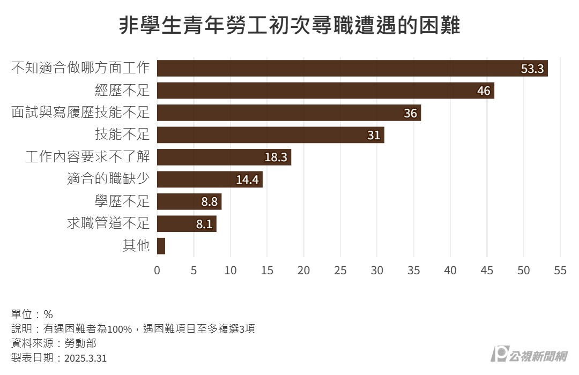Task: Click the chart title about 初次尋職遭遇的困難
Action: pyautogui.click(x=289, y=25)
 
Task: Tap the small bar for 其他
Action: pyautogui.click(x=161, y=246)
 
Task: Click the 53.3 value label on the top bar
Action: pyautogui.click(x=532, y=69)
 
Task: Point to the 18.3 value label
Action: pyautogui.click(x=276, y=157)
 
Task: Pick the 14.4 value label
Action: pyautogui.click(x=248, y=179)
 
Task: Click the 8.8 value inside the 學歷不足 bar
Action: pyautogui.click(x=209, y=202)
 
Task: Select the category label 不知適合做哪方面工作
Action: pyautogui.click(x=80, y=68)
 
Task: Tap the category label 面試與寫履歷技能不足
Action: pyautogui.click(x=80, y=112)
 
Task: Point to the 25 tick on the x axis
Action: pyautogui.click(x=340, y=271)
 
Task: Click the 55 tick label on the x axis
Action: pyautogui.click(x=560, y=271)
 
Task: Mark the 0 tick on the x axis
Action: pyautogui.click(x=157, y=271)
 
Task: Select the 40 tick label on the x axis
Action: pyautogui.click(x=450, y=271)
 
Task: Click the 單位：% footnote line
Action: pyautogui.click(x=32, y=314)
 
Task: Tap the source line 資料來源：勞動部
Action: pyautogui.click(x=54, y=343)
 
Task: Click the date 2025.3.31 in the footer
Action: pyautogui.click(x=85, y=358)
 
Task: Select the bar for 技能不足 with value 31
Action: pyautogui.click(x=270, y=135)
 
